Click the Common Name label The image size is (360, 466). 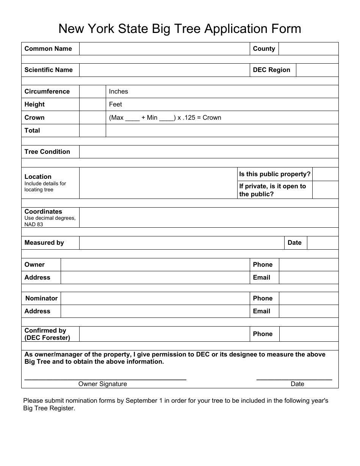coord(48,48)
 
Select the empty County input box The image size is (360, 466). coord(308,48)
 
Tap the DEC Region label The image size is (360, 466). coord(271,70)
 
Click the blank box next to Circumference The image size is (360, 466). coord(92,91)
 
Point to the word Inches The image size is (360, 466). coord(118,91)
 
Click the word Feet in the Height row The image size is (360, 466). coord(115,104)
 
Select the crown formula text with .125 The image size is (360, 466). coord(165,117)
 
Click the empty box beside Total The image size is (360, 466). coord(92,130)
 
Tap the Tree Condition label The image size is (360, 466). coord(47,152)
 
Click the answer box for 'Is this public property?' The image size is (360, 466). coord(325,174)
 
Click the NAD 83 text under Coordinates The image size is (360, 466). coord(34,224)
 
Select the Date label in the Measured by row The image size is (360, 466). coord(294,242)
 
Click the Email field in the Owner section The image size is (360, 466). coord(308,277)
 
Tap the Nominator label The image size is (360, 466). coord(41,298)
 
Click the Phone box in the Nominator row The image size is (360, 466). coord(308,298)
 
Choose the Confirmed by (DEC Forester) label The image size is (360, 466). coord(47,334)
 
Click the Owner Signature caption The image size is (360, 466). coord(103,384)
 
